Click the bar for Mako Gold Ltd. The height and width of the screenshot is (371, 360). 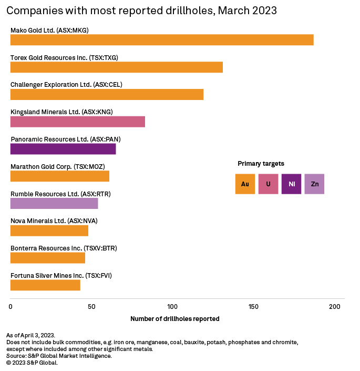tap(162, 40)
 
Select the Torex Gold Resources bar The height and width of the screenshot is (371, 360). tap(117, 67)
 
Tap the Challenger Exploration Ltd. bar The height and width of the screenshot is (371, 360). tap(107, 94)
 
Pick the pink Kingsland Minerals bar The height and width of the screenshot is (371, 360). tap(78, 122)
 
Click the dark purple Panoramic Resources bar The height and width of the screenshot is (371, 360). tap(63, 149)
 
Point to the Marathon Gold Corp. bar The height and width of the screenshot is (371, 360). tap(60, 176)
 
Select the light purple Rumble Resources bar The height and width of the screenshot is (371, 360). tap(54, 204)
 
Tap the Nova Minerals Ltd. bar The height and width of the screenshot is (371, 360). tap(49, 230)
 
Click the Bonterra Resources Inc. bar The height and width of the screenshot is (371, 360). tap(48, 258)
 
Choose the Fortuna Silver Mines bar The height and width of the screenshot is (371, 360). tap(45, 285)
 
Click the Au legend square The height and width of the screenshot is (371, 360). tap(245, 184)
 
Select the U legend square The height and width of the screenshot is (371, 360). tap(268, 184)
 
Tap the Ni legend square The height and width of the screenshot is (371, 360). tap(291, 184)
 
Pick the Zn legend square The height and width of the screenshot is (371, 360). tap(314, 184)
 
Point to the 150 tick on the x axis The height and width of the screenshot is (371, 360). tap(253, 306)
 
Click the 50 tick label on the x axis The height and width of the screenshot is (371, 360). tap(91, 306)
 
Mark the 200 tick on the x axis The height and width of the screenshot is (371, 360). tap(334, 306)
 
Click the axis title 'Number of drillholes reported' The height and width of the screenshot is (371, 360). tap(174, 319)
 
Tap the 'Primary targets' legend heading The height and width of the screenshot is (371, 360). tap(261, 164)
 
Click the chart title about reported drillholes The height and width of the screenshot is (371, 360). tap(141, 11)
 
